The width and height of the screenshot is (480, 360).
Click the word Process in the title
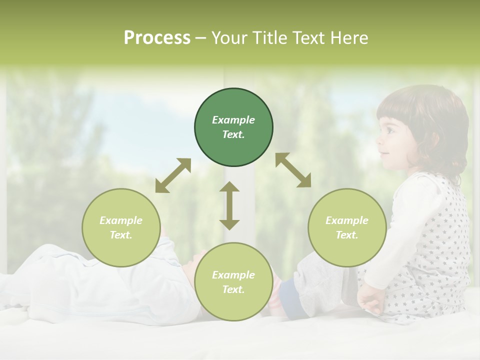157,38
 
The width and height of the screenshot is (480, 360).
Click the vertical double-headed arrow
229,205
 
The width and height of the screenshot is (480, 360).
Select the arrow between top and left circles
173,175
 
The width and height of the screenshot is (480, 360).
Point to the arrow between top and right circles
293,170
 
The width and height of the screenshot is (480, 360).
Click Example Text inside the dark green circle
233,127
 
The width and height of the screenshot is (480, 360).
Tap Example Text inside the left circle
121,227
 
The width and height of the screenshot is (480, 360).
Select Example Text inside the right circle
347,227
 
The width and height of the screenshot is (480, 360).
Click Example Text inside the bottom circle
233,282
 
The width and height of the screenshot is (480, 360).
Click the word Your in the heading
228,38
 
